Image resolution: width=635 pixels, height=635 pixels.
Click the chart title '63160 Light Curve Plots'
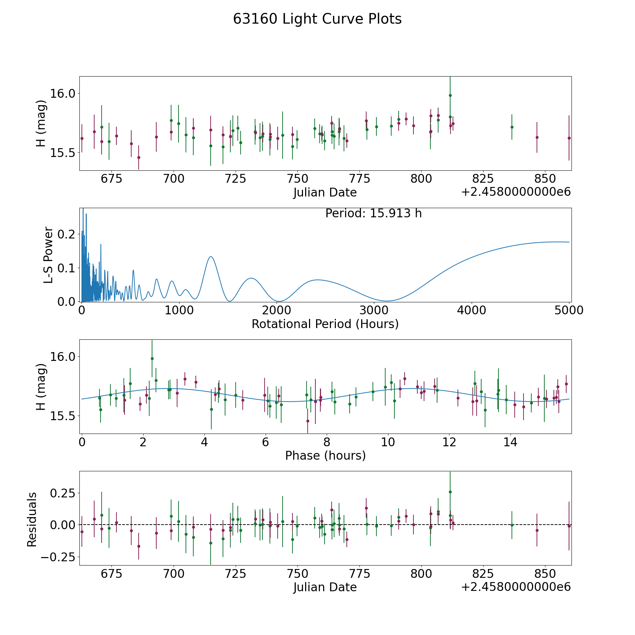[317, 19]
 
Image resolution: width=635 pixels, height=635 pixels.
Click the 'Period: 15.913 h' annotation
[373, 213]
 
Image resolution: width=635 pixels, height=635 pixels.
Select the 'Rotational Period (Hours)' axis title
[325, 324]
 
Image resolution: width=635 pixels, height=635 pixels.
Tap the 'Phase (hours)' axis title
[325, 455]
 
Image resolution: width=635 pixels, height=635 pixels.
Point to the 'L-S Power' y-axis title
[48, 255]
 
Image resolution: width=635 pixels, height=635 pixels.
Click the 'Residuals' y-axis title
[32, 519]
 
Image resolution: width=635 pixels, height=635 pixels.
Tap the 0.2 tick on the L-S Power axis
[67, 234]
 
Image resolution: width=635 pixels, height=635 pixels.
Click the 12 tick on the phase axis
[449, 442]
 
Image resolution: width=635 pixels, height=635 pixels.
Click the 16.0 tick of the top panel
[63, 93]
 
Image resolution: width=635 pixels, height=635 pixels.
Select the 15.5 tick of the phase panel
[63, 416]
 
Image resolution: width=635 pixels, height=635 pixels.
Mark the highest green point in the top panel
[450, 95]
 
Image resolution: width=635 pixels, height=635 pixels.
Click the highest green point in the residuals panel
[450, 492]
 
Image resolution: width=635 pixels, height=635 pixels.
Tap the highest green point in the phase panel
[152, 358]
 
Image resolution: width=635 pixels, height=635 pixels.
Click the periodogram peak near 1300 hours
[211, 256]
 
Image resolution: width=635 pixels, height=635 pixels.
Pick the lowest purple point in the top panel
[139, 157]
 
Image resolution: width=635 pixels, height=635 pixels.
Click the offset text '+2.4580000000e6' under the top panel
[516, 192]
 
